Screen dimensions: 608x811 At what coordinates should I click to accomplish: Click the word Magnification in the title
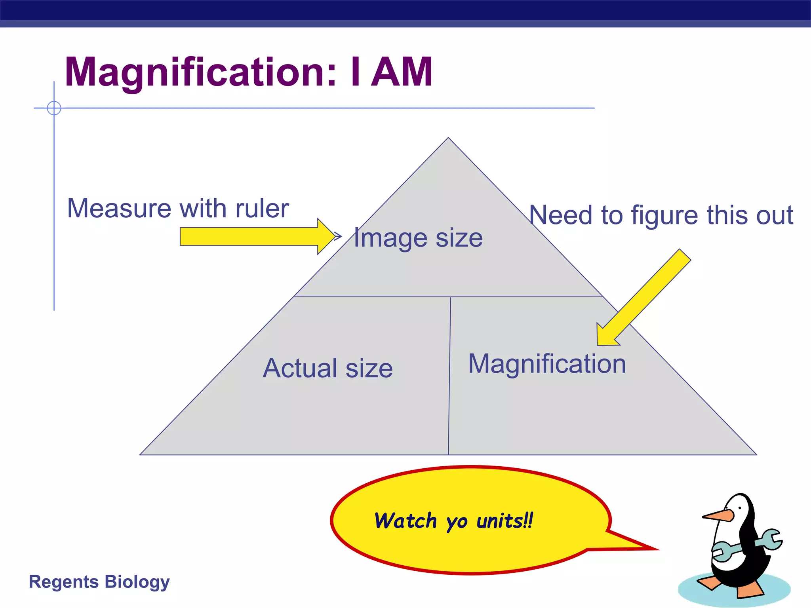coord(200,72)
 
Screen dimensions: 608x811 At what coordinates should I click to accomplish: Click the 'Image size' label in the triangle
coord(418,238)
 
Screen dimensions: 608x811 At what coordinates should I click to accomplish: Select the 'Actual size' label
coord(328,368)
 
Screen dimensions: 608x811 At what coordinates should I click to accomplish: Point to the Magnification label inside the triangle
coord(547,364)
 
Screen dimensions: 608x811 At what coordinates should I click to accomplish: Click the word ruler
coord(262,209)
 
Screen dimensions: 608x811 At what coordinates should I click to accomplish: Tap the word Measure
coord(119,209)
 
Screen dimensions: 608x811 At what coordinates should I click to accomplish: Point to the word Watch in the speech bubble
coord(405,521)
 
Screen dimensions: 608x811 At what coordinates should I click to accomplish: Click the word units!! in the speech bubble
coord(505,521)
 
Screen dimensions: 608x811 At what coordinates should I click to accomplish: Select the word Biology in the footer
coord(137,582)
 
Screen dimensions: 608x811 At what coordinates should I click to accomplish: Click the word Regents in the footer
coord(64,582)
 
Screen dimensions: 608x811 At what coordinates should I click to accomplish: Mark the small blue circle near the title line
coord(54,108)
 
